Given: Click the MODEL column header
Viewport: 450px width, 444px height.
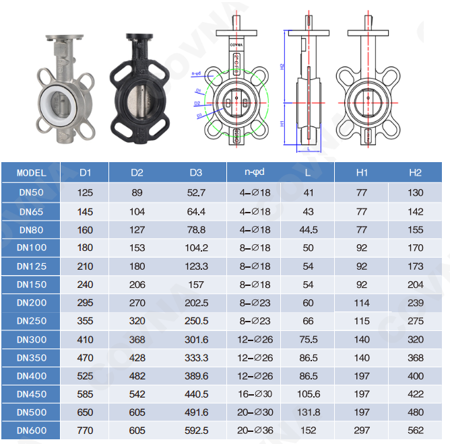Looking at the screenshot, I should pyautogui.click(x=32, y=173).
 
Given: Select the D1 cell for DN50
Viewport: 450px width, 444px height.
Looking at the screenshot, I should pyautogui.click(x=86, y=193).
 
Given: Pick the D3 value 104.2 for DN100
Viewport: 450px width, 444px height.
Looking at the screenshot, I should pyautogui.click(x=196, y=248).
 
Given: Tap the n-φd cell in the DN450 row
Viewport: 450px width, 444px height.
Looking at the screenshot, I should pyautogui.click(x=256, y=394).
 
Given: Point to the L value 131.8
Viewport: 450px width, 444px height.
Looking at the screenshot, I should pyautogui.click(x=308, y=412).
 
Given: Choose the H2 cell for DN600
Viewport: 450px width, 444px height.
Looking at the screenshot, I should pyautogui.click(x=416, y=431).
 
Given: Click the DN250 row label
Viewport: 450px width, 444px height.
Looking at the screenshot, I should pyautogui.click(x=32, y=321).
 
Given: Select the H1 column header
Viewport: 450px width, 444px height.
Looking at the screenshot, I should pyautogui.click(x=362, y=173).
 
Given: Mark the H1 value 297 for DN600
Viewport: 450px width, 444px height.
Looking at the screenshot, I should pyautogui.click(x=362, y=431).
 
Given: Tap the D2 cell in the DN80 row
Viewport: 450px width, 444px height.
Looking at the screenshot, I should pyautogui.click(x=137, y=229).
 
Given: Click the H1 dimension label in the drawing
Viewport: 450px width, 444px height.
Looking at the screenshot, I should pyautogui.click(x=284, y=124).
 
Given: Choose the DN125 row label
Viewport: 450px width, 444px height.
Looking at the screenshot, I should pyautogui.click(x=32, y=266).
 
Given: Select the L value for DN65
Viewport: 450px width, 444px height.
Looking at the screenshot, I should pyautogui.click(x=308, y=211).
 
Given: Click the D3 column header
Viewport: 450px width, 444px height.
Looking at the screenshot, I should pyautogui.click(x=196, y=173).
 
